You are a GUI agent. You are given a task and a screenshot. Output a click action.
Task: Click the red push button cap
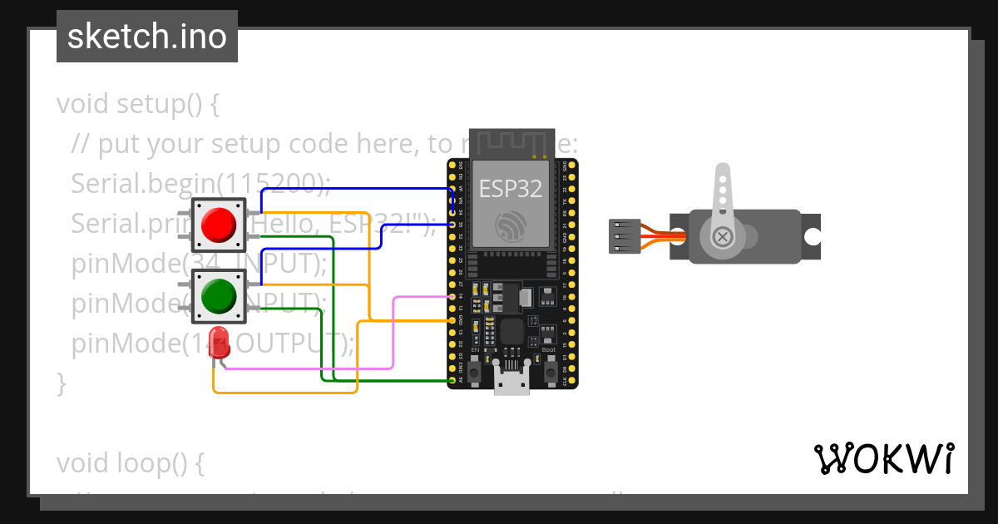pos(219,225)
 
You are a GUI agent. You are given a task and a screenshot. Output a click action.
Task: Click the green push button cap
pos(219,295)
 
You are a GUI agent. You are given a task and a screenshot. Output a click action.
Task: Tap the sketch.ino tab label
pos(147,37)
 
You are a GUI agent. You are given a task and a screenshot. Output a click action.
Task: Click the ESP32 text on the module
pos(511,188)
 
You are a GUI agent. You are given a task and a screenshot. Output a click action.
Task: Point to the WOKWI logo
pos(884,458)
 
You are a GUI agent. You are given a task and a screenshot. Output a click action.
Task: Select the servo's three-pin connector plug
pos(624,236)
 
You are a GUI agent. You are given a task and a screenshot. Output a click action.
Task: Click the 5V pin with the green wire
pos(452,381)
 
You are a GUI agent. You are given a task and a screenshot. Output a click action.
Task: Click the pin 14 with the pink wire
pos(452,296)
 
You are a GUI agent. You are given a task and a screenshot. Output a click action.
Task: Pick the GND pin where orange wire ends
pos(452,319)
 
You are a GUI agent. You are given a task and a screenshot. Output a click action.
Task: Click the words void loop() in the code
pos(130,462)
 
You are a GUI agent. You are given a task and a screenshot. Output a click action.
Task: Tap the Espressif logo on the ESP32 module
pos(511,226)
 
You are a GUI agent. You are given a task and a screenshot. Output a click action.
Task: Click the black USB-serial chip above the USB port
pos(511,332)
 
